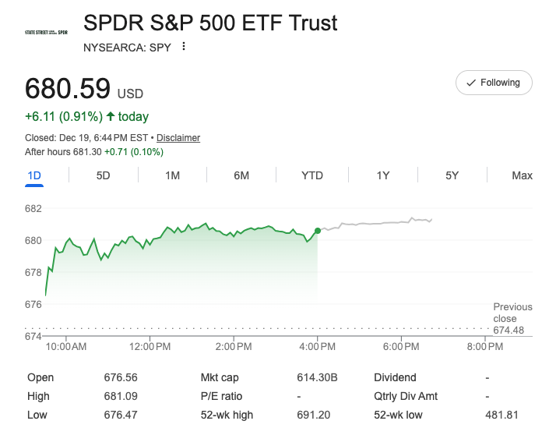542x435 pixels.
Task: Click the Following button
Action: tap(494, 83)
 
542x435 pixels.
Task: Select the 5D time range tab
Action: tap(103, 175)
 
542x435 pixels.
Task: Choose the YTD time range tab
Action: tap(312, 175)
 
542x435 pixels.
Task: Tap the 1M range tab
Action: tap(172, 175)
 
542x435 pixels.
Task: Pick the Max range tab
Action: tap(522, 175)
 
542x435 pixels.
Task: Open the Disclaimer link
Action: tap(178, 138)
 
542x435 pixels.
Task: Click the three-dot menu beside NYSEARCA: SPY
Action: tap(184, 46)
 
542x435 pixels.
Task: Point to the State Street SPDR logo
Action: tap(46, 33)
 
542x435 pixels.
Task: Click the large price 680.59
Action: tap(68, 87)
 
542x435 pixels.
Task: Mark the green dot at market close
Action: tap(318, 231)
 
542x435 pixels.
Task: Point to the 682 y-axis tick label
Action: tap(33, 209)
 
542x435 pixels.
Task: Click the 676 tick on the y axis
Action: tap(33, 304)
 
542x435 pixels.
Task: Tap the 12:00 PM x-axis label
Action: tap(150, 346)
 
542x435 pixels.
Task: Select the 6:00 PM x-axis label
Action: tap(403, 346)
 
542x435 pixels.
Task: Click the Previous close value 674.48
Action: tap(509, 331)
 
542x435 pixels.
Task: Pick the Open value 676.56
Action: tap(121, 377)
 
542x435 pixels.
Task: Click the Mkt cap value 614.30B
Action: tap(317, 377)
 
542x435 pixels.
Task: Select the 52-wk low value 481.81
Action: tap(496, 415)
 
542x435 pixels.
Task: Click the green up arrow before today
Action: tap(111, 117)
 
